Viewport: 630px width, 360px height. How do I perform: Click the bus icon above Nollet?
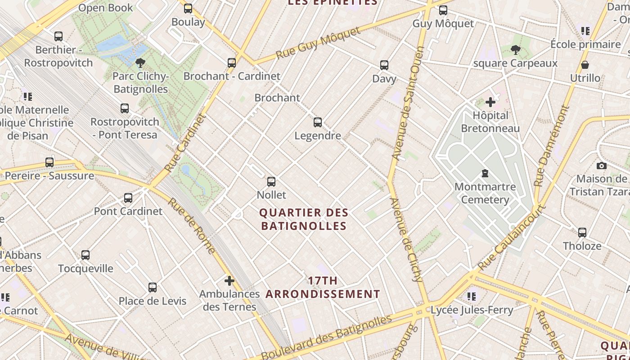click(x=271, y=182)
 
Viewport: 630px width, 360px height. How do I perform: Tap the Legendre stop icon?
click(x=318, y=122)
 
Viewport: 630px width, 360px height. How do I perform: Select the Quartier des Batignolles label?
click(x=304, y=219)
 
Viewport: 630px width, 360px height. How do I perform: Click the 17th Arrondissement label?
click(x=323, y=288)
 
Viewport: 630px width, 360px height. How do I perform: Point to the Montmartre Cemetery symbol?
click(x=485, y=173)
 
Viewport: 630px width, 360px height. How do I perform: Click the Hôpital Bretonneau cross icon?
click(x=490, y=102)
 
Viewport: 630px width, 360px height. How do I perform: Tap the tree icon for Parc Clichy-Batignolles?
click(x=140, y=63)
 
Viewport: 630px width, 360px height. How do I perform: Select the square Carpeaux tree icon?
click(x=516, y=50)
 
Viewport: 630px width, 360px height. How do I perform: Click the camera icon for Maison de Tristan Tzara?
click(x=602, y=166)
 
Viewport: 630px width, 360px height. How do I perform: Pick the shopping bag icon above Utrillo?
click(x=585, y=65)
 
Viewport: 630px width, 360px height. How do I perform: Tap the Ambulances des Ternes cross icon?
click(x=229, y=281)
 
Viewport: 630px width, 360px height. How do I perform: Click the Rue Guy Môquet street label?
click(x=318, y=43)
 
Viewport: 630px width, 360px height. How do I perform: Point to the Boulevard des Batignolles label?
click(x=326, y=337)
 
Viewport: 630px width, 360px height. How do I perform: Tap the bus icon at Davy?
click(x=384, y=65)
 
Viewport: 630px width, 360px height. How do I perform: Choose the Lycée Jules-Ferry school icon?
click(x=472, y=296)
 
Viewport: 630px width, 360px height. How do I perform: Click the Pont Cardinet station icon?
click(x=128, y=198)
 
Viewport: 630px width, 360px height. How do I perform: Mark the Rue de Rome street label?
click(x=192, y=225)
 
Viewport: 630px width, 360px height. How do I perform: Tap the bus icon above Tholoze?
click(x=582, y=233)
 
